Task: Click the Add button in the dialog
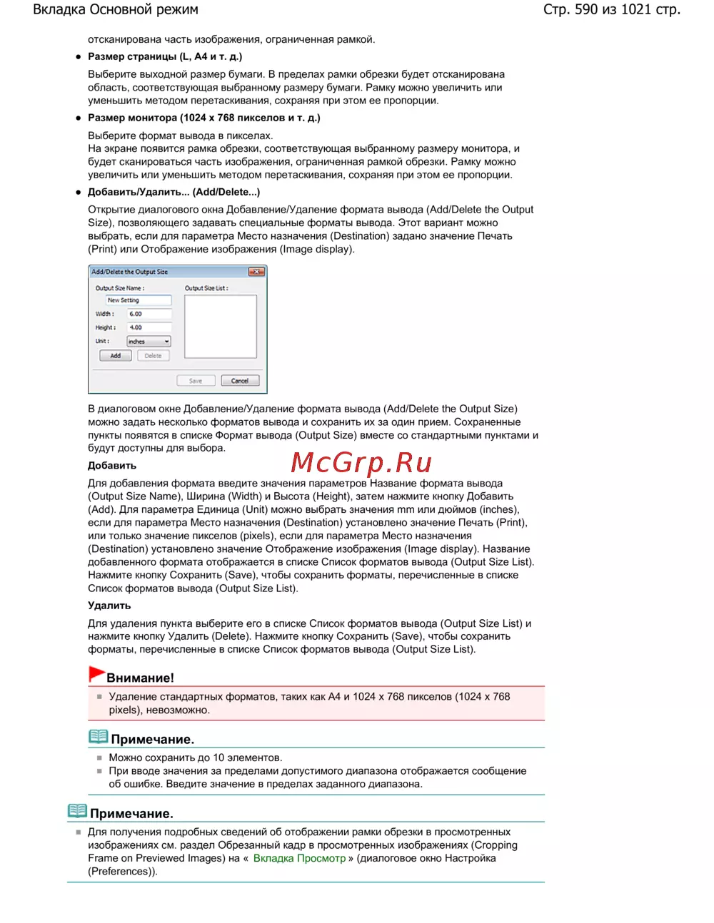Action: (115, 355)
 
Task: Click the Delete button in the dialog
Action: (153, 355)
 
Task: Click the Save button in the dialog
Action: (196, 381)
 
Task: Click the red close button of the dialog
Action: (256, 272)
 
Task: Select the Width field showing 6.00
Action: (149, 314)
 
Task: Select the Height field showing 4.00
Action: (149, 327)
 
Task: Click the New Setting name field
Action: (139, 300)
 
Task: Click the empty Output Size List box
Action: (220, 327)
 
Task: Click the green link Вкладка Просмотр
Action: (299, 858)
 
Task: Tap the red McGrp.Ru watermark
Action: (361, 463)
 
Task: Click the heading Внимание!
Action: (140, 678)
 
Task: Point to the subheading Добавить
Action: (112, 466)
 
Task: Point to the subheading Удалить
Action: (109, 606)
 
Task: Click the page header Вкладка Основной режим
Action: (116, 10)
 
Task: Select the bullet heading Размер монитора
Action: (203, 118)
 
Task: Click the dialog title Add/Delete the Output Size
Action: (129, 272)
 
